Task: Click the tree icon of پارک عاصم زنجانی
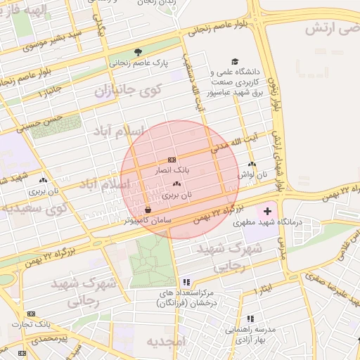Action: click(x=138, y=51)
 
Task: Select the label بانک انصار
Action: click(x=172, y=171)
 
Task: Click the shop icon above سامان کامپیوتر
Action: click(x=148, y=210)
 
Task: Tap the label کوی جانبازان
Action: click(x=127, y=89)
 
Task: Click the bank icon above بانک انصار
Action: click(x=172, y=161)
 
